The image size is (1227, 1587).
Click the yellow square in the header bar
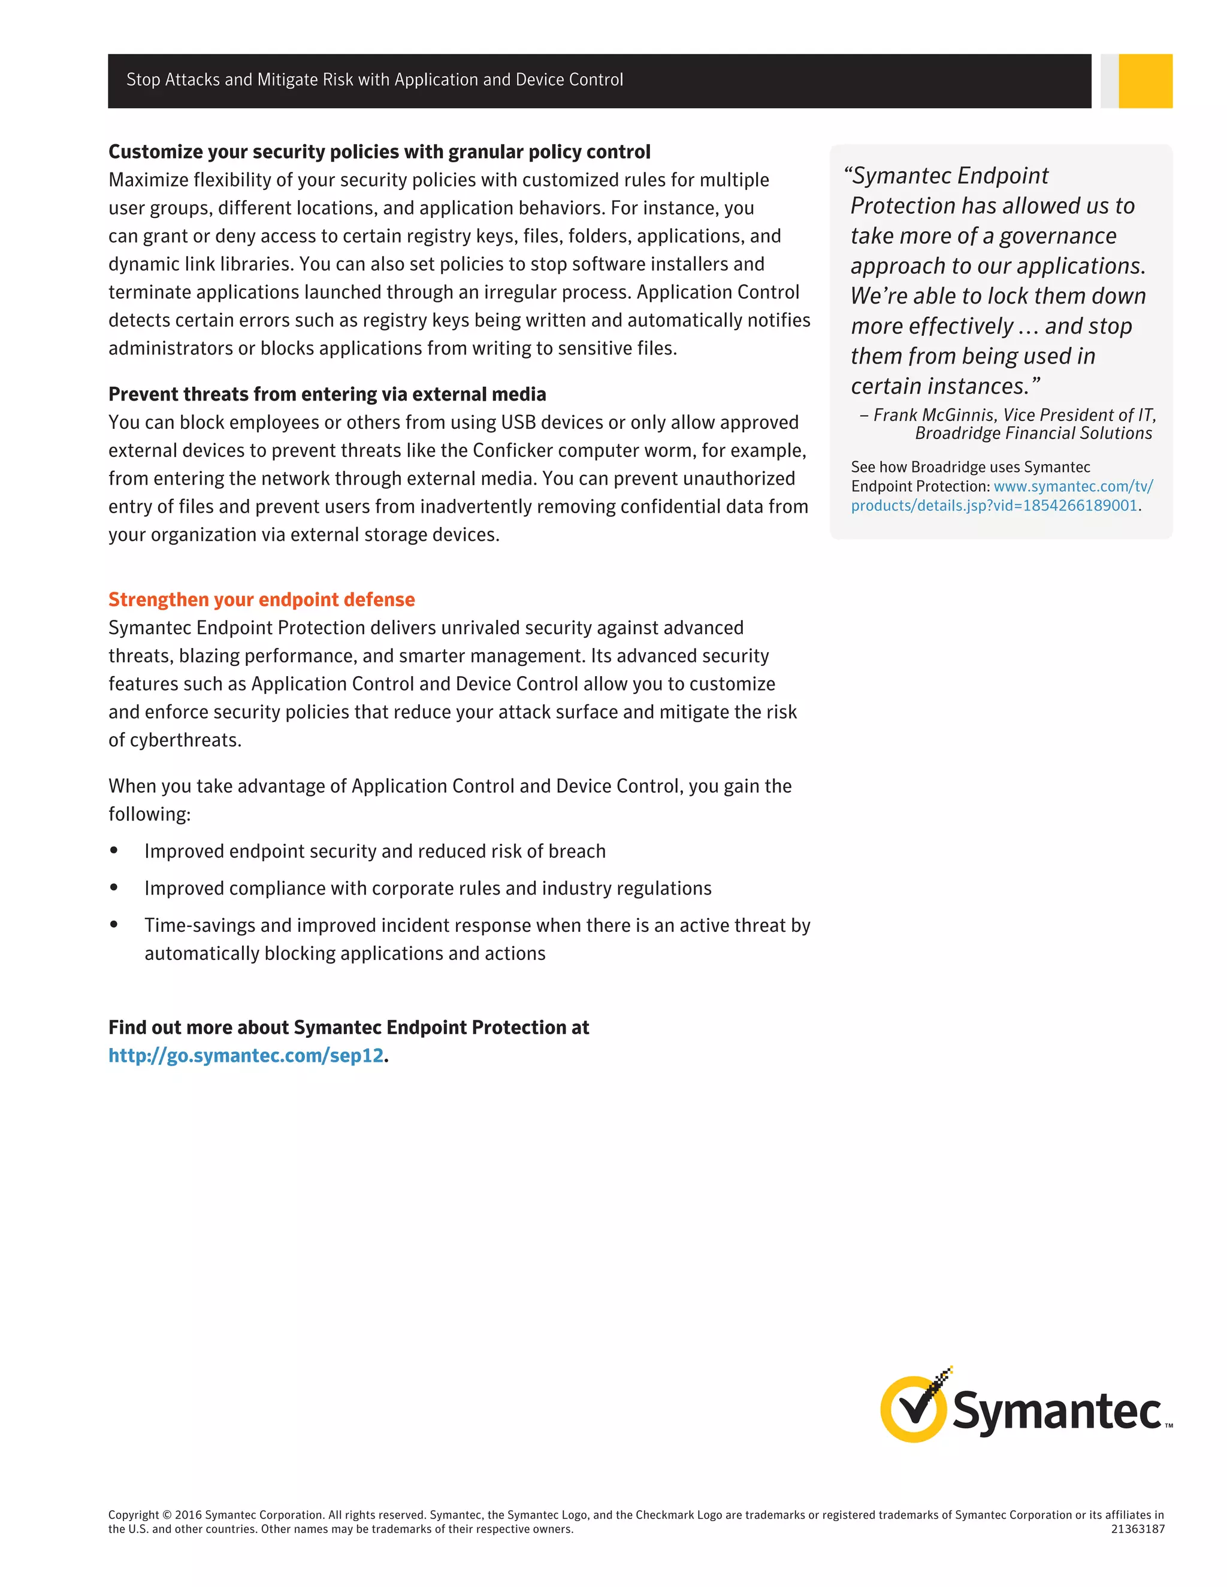(x=1145, y=81)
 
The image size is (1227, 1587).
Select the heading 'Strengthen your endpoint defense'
(x=262, y=599)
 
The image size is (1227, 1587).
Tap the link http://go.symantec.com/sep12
(x=246, y=1055)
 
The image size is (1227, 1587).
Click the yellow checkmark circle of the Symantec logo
(x=913, y=1409)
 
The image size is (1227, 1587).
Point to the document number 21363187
(x=1138, y=1529)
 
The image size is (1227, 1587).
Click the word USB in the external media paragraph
(x=518, y=422)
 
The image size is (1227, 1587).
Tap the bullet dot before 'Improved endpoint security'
(x=114, y=850)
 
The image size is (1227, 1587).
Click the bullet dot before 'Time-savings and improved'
(x=114, y=924)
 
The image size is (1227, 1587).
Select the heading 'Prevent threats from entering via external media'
(x=327, y=394)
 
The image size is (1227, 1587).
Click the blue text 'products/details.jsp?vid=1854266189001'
(x=994, y=506)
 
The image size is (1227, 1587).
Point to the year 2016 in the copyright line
(x=188, y=1515)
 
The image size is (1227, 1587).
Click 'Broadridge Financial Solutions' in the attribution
(x=1033, y=434)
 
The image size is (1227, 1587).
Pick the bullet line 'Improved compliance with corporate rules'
(x=427, y=888)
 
